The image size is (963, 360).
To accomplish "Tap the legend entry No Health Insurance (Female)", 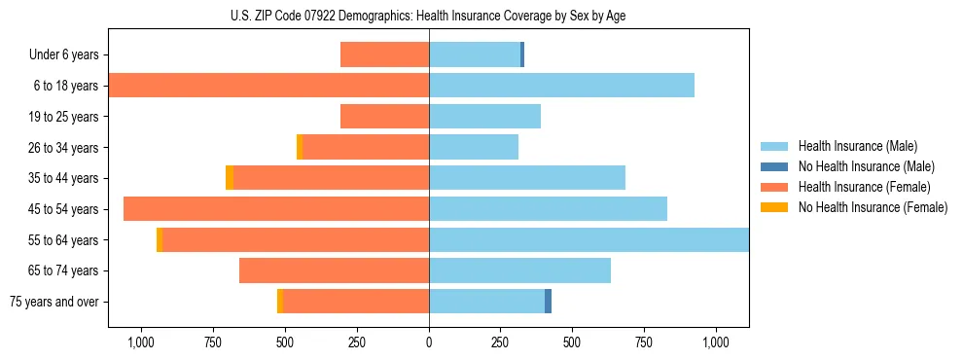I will point(873,207).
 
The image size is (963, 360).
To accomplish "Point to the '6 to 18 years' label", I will point(66,86).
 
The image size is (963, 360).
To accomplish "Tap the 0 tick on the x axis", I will point(429,342).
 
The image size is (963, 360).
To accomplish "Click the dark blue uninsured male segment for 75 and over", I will point(549,302).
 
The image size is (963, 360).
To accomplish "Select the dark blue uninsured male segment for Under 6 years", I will point(522,54).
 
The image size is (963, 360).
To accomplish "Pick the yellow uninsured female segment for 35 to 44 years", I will point(230,178).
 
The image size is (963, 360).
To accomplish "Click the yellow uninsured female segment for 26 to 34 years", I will point(300,147).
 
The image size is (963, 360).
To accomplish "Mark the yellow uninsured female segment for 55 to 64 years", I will point(160,239).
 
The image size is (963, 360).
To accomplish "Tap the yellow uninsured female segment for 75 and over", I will point(280,302).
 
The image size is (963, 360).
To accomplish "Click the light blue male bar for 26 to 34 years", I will point(474,147).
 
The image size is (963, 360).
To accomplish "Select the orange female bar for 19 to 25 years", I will point(384,117).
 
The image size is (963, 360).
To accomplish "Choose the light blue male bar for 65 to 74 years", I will point(519,270).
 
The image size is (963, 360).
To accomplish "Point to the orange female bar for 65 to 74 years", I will point(334,270).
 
